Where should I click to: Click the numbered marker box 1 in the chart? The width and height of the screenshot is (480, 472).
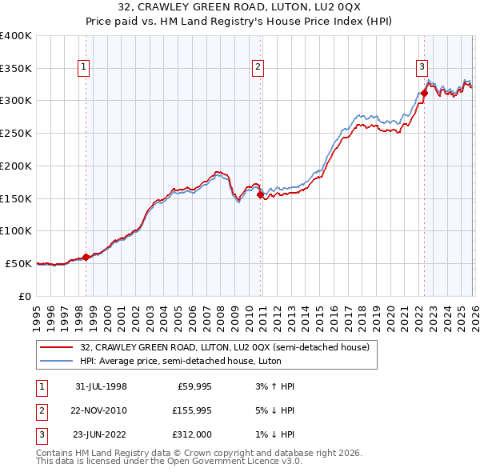84,68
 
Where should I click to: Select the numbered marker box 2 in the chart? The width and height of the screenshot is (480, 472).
258,68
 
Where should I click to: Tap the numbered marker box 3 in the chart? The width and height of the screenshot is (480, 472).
422,68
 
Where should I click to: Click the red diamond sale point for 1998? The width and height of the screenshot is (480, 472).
86,257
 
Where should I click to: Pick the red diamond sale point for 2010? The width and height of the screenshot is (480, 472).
260,193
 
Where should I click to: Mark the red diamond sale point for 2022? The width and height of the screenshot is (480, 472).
424,93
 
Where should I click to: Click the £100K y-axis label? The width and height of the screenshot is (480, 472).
16,230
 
